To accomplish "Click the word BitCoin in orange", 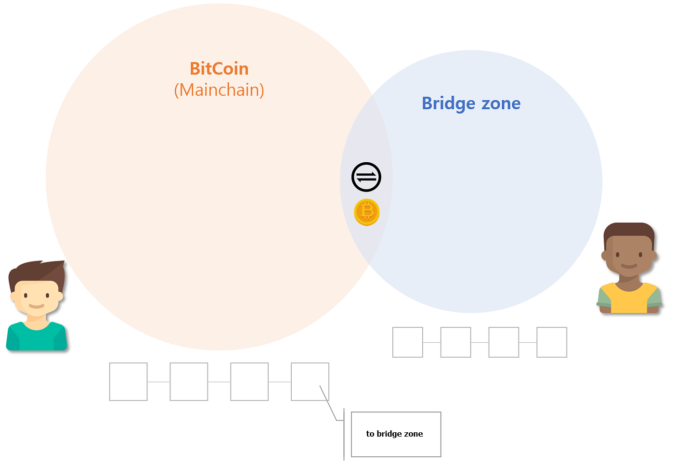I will coord(219,69).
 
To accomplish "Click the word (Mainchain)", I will coord(219,90).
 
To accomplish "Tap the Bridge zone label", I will coord(471,103).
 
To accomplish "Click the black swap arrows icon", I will coord(366,177).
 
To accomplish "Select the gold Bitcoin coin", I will coord(367,212).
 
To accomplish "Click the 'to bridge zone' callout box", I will coord(396,434).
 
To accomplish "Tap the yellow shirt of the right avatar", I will coord(629,300).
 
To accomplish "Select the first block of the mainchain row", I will coord(128,382).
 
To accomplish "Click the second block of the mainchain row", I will coord(189,382).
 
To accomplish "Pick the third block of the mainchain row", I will coord(249,382).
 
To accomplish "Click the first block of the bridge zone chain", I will coord(408,342).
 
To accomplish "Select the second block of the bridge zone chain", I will coord(455,342).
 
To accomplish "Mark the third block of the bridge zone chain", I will coord(504,342).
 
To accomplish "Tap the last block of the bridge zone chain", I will coord(552,342).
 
